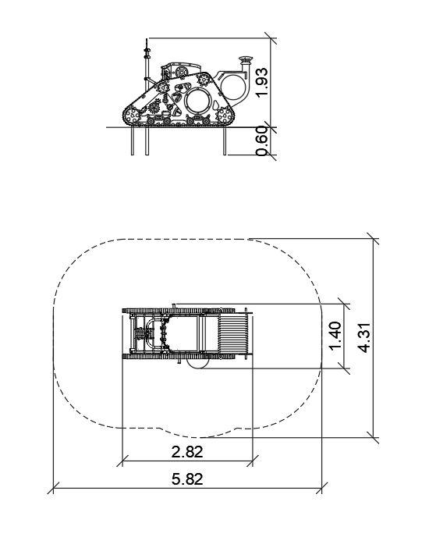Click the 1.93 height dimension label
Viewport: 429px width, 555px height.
point(262,83)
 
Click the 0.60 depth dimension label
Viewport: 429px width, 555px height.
point(262,141)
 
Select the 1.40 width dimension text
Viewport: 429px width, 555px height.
point(335,335)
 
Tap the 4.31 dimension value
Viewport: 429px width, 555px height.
point(364,338)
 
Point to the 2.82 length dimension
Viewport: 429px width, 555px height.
point(187,452)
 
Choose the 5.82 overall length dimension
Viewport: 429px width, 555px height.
point(187,479)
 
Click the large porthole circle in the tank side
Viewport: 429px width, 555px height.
point(197,99)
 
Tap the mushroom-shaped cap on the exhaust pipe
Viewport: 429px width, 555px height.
point(246,59)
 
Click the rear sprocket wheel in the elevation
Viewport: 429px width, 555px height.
point(133,116)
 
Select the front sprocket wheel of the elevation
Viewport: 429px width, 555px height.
point(223,116)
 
